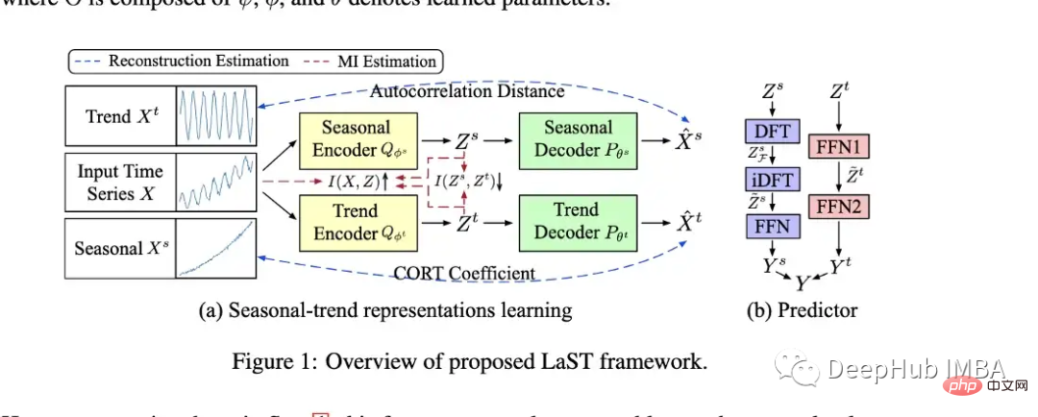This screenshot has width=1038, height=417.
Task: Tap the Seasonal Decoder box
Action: click(578, 140)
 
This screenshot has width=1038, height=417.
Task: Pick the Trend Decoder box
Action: click(578, 223)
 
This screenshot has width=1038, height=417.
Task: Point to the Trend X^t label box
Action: click(119, 116)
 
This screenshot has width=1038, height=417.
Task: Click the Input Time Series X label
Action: click(119, 184)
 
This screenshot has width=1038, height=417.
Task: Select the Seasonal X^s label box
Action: click(119, 249)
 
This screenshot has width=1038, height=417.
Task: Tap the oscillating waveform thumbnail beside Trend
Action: click(217, 116)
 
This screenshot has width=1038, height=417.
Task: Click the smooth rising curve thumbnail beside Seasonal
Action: click(217, 249)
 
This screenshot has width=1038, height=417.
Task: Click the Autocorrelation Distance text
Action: click(467, 92)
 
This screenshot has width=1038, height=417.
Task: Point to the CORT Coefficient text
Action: click(465, 273)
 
